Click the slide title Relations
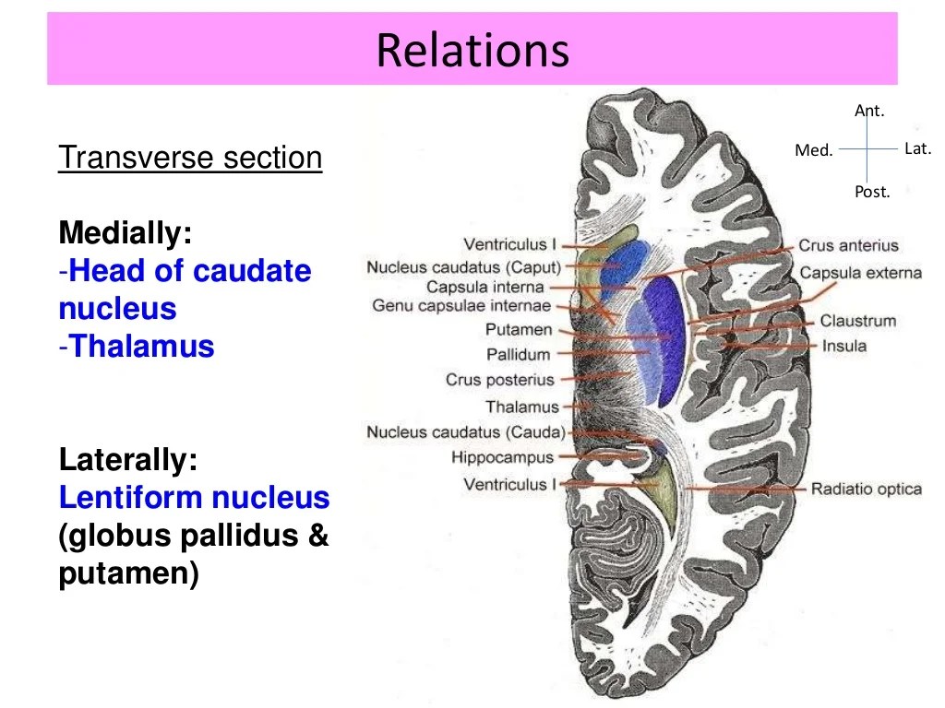(472, 50)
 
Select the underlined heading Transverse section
(190, 159)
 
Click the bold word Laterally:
(127, 458)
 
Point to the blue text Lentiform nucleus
(194, 498)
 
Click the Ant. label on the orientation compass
(869, 111)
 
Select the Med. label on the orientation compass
(813, 150)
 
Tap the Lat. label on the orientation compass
(917, 147)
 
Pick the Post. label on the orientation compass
(871, 192)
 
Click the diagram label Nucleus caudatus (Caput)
(463, 267)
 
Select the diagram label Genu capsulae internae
(461, 305)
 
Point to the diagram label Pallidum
(518, 354)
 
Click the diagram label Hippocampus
(502, 457)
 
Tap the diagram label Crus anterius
(848, 246)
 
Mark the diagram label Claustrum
(857, 321)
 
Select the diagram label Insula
(843, 346)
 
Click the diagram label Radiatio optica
(866, 489)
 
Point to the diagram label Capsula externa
(860, 273)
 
